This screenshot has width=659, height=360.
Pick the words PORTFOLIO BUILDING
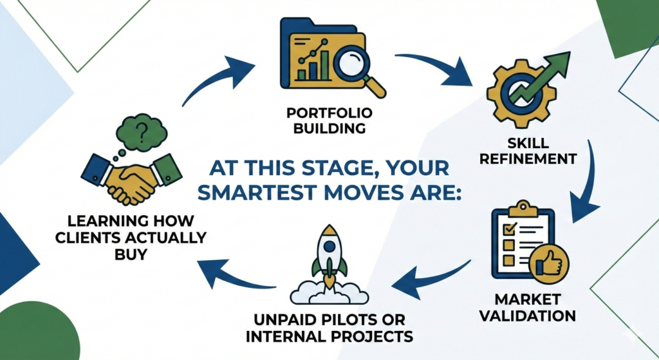click(x=328, y=121)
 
